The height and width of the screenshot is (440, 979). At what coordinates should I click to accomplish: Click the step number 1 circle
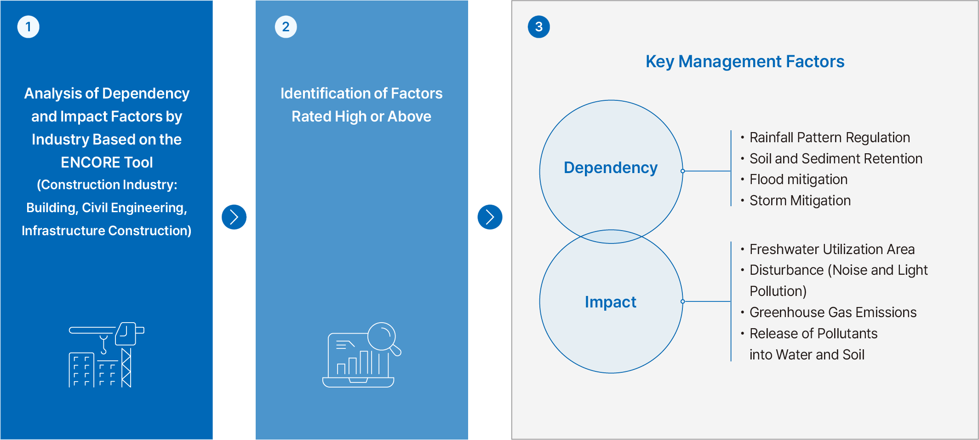[28, 27]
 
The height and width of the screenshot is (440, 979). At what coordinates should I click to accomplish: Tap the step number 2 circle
[286, 27]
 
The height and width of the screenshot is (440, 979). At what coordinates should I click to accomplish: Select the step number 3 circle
[539, 27]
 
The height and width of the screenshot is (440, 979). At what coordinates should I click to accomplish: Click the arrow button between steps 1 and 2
[234, 217]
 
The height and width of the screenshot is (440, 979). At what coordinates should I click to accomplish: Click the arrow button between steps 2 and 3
[490, 217]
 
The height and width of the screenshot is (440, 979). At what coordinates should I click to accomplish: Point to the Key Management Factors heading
[745, 62]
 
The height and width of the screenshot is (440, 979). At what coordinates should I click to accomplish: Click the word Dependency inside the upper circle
[611, 168]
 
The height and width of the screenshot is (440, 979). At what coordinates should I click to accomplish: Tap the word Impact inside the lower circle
[611, 302]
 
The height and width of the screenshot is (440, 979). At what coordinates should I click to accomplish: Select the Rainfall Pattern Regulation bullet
[830, 138]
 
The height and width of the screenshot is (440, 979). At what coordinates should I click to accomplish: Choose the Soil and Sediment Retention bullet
[836, 159]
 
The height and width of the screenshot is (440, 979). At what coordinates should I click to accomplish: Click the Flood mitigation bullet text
[798, 179]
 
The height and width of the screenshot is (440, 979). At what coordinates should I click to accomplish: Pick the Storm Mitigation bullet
[800, 201]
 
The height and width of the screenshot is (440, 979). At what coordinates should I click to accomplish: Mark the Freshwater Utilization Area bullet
[832, 249]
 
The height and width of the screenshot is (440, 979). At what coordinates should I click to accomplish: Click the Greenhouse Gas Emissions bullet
[833, 313]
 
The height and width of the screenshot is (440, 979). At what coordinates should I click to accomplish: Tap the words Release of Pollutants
[813, 334]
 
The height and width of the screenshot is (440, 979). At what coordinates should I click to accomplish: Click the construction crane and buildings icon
[106, 355]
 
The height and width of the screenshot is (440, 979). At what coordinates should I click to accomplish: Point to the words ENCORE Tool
[107, 162]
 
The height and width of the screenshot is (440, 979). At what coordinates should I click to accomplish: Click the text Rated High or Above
[361, 116]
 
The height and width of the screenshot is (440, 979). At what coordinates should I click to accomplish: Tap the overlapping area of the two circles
[611, 237]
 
